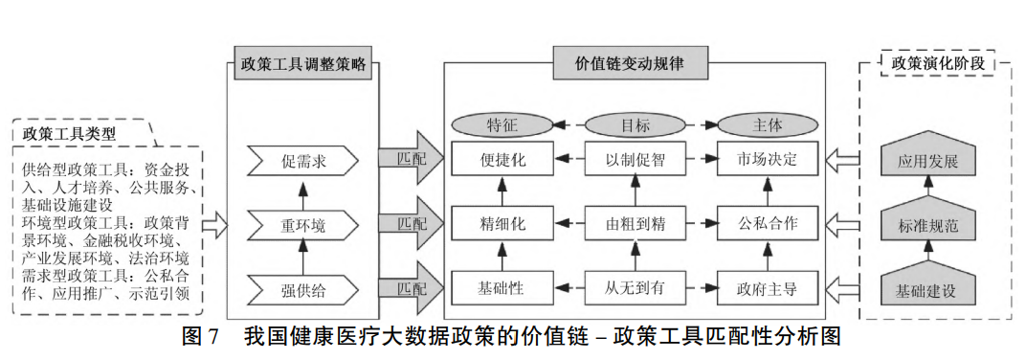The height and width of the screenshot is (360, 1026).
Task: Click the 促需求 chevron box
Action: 302,161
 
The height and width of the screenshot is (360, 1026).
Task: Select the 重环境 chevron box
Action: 302,225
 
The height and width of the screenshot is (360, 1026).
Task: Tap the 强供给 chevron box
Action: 302,287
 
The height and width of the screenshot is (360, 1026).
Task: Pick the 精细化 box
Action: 502,224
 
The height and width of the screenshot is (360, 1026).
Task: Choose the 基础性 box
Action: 502,286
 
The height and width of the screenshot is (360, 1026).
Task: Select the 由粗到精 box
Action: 636,224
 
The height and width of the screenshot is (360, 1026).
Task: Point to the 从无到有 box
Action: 636,286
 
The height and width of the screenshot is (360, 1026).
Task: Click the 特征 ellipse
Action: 502,124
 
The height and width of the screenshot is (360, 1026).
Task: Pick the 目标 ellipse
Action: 636,124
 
